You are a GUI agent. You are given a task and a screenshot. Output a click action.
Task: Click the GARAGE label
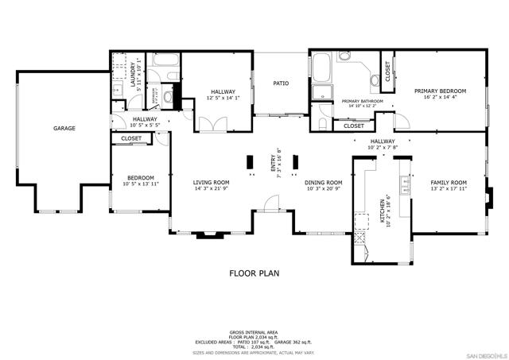pos(64,128)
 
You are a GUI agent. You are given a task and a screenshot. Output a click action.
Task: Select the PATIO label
pos(281,83)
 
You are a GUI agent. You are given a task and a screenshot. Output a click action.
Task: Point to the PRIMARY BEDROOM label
pos(440,91)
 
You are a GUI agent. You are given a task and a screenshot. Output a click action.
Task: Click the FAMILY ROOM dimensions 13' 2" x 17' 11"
pos(449,189)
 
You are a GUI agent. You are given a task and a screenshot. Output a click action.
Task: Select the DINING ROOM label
pos(324,182)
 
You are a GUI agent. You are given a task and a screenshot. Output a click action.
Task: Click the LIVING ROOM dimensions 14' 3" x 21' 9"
pos(211,189)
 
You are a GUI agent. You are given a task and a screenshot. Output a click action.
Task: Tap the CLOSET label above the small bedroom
pos(131,138)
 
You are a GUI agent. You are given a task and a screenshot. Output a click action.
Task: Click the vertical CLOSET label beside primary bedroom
pos(387,72)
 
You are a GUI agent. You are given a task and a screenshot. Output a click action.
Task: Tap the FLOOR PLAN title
pos(254,273)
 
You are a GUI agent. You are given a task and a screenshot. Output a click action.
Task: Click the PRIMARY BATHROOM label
pos(363,102)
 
